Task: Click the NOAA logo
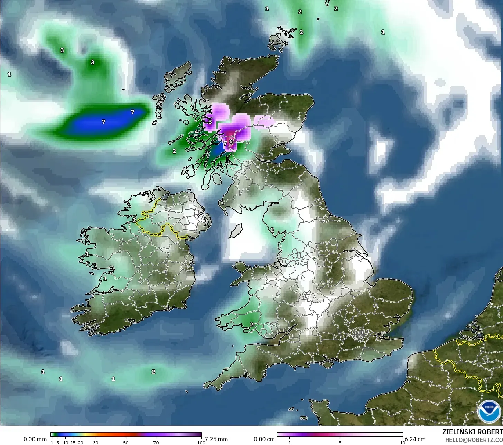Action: [x=489, y=411]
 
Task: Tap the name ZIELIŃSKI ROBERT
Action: [x=472, y=432]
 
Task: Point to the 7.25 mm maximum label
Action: [x=216, y=439]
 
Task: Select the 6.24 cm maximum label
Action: [x=415, y=439]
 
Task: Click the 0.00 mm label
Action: [x=35, y=439]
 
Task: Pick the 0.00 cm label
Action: [x=264, y=439]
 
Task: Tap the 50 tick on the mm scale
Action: [x=126, y=443]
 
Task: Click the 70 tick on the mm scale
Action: [x=156, y=443]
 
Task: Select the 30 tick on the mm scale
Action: [x=96, y=443]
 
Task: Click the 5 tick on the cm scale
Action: [x=340, y=443]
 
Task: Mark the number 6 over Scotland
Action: [x=231, y=141]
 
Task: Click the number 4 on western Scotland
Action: [x=196, y=131]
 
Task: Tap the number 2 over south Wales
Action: [x=252, y=324]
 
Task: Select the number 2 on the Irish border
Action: [x=134, y=220]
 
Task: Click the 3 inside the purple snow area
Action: [x=210, y=121]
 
